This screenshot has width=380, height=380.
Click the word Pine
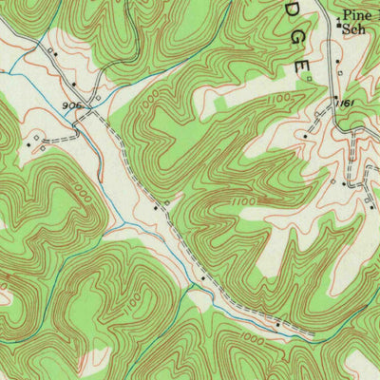point(355,15)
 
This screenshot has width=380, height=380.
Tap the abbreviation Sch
point(354,29)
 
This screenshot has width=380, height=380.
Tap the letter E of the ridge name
point(302,66)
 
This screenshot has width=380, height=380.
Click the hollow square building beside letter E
point(310,78)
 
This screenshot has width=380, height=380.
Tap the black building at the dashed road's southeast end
point(277,325)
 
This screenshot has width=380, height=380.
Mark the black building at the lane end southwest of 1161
point(305,136)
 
